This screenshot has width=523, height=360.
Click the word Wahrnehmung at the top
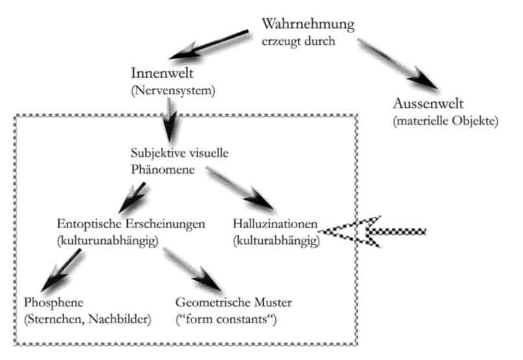[308, 25]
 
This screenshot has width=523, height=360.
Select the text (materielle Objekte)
[445, 121]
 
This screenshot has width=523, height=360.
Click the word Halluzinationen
[274, 224]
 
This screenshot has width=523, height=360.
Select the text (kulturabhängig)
[275, 241]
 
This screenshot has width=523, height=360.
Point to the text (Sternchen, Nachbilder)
[87, 318]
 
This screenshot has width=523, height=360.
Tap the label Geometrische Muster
[234, 302]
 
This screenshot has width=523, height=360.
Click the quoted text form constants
[226, 318]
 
